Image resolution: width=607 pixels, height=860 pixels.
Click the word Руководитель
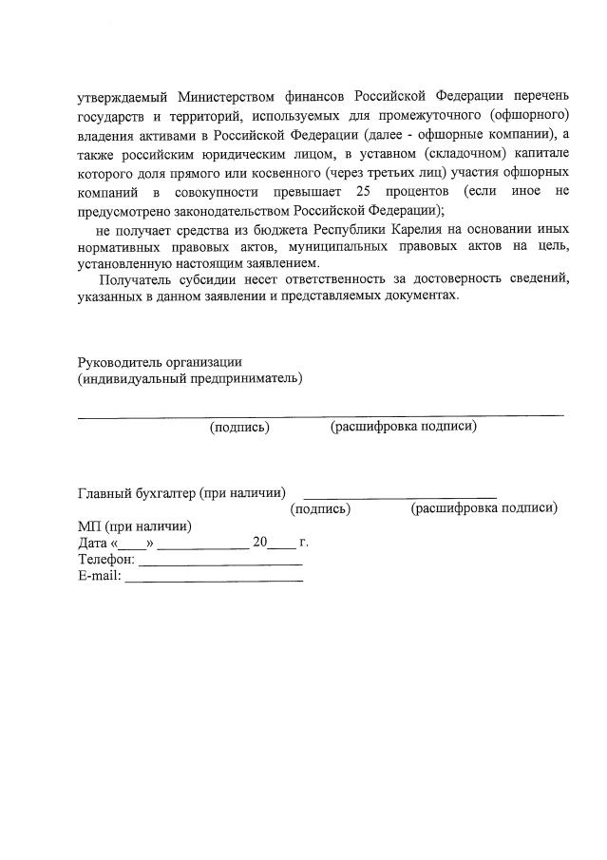(x=118, y=361)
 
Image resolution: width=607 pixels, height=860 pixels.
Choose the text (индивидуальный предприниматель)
(x=190, y=379)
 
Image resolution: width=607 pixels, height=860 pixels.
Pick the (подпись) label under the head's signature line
(x=239, y=428)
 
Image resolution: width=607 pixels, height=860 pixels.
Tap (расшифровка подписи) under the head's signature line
(x=404, y=427)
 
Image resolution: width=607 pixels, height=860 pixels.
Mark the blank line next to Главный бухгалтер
(x=399, y=497)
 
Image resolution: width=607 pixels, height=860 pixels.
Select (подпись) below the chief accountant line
(x=320, y=509)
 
